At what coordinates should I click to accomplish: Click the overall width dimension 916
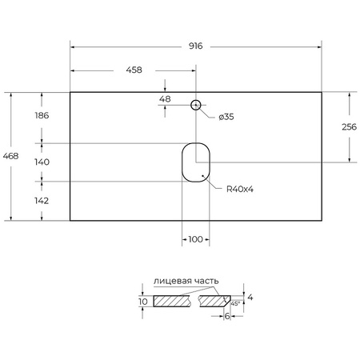point(196,47)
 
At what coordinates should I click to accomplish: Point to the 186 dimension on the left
point(42,116)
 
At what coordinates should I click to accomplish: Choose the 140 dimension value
point(42,162)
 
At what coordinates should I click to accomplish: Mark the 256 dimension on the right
point(349,127)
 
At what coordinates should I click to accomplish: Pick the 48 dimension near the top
point(166,99)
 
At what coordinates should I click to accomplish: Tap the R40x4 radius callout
point(239,189)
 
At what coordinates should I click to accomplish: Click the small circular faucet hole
point(196,105)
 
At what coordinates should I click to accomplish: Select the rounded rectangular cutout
point(195,162)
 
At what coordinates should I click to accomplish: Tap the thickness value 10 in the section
point(142,302)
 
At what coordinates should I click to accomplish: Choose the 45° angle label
point(234,303)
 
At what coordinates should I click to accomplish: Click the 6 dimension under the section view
point(227,318)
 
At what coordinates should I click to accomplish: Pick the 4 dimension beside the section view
point(250,298)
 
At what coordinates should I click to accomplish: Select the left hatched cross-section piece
point(175,302)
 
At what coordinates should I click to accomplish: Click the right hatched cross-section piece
point(214,302)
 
